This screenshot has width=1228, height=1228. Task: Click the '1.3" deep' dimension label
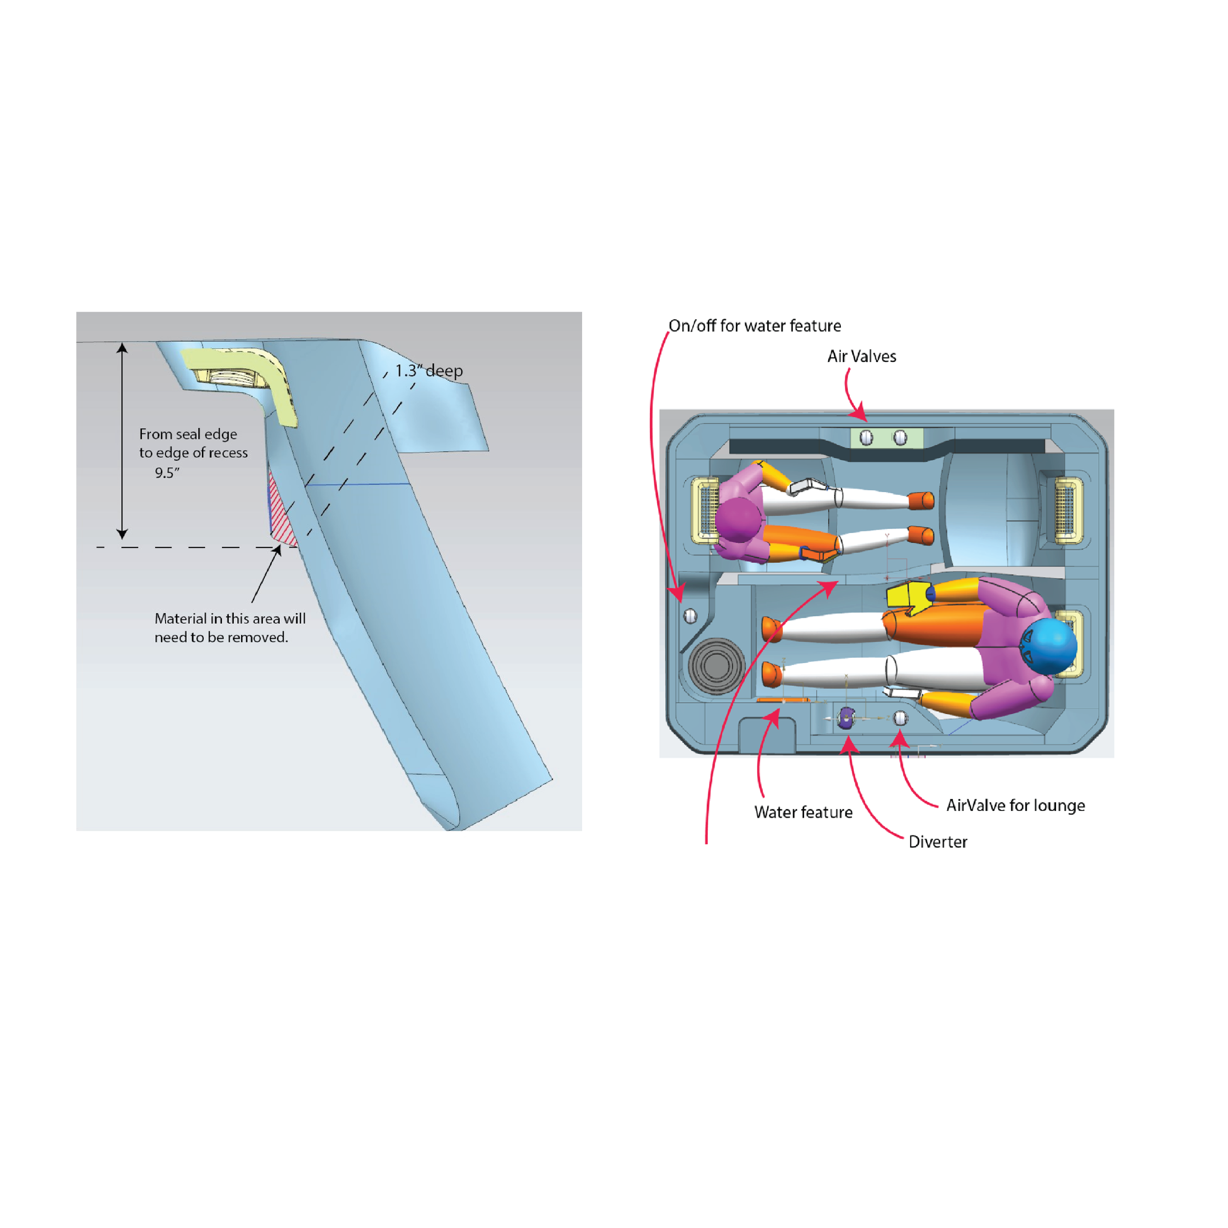[x=429, y=370]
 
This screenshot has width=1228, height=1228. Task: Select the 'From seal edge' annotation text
[x=188, y=434]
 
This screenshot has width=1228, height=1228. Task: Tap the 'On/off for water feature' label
[x=754, y=326]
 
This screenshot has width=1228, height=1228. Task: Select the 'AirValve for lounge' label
[x=1015, y=805]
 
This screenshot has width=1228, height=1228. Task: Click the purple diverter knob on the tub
[x=846, y=718]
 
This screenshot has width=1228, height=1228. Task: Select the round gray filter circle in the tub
[x=716, y=666]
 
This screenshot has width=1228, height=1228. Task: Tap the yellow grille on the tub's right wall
[x=1068, y=510]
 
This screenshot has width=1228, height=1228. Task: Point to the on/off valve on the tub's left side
[x=690, y=616]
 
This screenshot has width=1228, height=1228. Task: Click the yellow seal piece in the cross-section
[x=279, y=394]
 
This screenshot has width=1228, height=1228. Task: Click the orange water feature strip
[x=782, y=700]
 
